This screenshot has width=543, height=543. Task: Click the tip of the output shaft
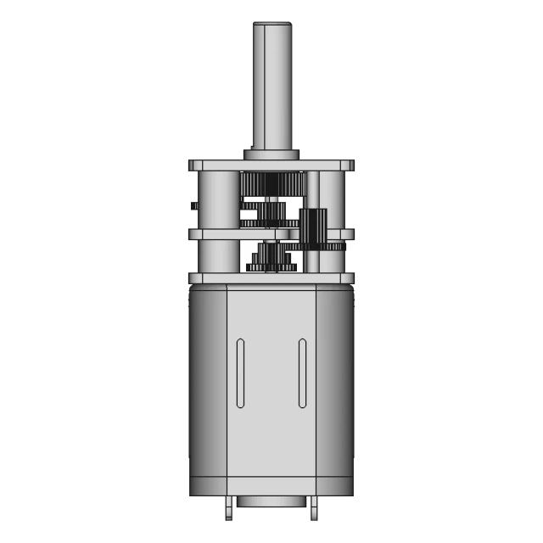(271, 25)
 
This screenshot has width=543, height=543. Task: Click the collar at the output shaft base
(271, 154)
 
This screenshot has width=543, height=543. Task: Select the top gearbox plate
(271, 165)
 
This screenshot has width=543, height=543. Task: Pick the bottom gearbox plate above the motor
(271, 278)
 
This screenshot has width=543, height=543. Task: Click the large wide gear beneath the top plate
(271, 183)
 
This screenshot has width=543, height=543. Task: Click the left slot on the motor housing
(240, 373)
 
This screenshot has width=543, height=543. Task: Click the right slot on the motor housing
(302, 373)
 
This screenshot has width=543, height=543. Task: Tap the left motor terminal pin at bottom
(229, 509)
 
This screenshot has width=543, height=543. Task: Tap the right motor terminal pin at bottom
(314, 509)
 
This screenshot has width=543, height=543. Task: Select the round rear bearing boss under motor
(271, 501)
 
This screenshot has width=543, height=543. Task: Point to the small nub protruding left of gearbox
(194, 205)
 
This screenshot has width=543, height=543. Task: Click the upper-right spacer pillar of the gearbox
(332, 199)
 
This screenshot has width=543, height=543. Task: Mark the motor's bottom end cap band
(271, 486)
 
